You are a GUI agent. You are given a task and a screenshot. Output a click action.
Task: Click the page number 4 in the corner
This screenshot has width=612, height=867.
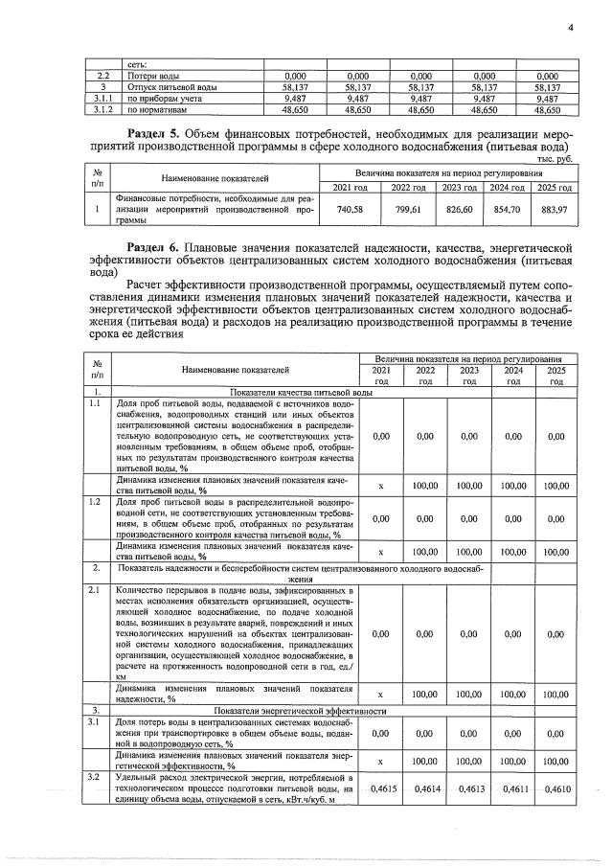[569, 27]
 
